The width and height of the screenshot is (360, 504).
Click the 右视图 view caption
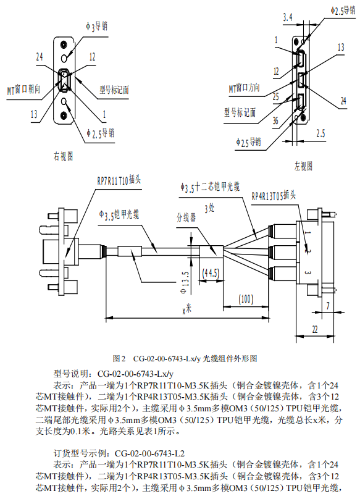click(x=64, y=156)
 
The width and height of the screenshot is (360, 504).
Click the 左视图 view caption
click(x=303, y=166)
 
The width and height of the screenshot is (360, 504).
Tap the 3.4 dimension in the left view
click(x=288, y=17)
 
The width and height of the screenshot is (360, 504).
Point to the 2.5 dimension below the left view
click(x=320, y=133)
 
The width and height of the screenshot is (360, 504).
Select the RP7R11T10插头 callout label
click(x=119, y=180)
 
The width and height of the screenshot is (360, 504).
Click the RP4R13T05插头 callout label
click(x=274, y=195)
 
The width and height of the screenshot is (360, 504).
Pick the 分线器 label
click(x=186, y=217)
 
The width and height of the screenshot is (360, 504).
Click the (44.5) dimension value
click(x=211, y=273)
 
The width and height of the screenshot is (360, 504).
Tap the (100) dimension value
click(x=246, y=299)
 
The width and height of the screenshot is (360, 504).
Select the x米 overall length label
click(x=186, y=309)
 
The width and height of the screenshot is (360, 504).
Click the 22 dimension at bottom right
click(x=315, y=329)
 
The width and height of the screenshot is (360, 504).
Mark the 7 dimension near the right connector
click(x=328, y=306)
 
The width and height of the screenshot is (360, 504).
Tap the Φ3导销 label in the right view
click(x=96, y=27)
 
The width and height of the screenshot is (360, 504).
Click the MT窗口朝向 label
click(x=24, y=90)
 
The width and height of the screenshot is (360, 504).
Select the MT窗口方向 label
click(x=245, y=88)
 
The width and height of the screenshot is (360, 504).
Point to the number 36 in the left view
click(x=275, y=120)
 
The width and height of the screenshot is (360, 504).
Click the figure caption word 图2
click(x=119, y=358)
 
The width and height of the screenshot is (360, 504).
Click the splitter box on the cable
click(x=211, y=251)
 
